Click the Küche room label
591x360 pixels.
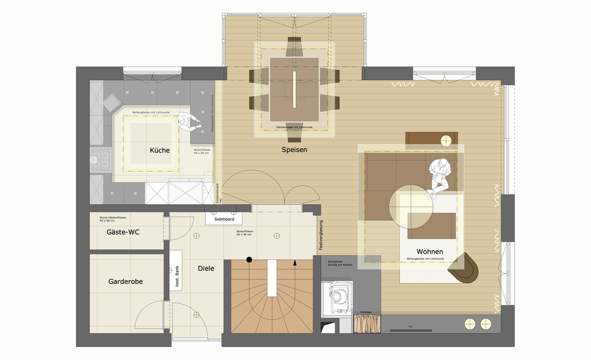(x=160, y=150)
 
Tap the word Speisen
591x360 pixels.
(x=294, y=150)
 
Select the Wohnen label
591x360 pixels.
(x=430, y=252)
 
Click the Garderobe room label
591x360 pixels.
(x=125, y=281)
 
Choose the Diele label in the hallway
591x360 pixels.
(x=206, y=268)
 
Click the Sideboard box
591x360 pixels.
(x=224, y=219)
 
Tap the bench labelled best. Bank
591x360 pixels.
(x=177, y=277)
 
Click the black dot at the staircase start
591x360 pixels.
(x=249, y=260)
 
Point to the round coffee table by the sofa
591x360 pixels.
(x=411, y=206)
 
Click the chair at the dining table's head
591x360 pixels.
(x=294, y=46)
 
